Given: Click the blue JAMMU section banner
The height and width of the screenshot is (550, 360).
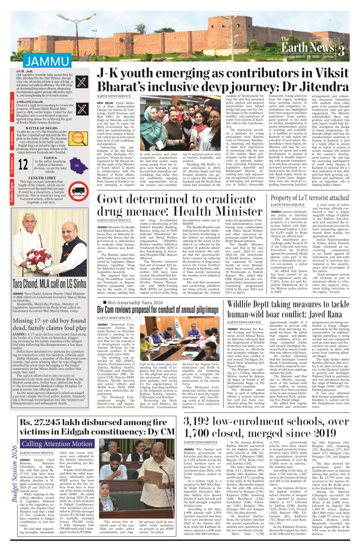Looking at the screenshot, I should tap(47, 61).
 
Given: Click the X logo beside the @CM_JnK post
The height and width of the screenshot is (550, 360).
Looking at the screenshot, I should tap(82, 82).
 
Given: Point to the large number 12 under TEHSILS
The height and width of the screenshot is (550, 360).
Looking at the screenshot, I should tap(23, 165).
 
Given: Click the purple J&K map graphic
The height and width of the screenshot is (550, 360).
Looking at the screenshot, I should tap(79, 165).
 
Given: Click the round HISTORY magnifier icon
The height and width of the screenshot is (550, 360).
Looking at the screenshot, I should tap(79, 138).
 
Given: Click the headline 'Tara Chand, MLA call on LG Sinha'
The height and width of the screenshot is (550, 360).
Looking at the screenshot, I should tap(49, 283).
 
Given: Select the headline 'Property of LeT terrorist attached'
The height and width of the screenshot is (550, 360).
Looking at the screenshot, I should tap(310, 198).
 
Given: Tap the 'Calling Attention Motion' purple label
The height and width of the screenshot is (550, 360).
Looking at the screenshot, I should tap(57, 444).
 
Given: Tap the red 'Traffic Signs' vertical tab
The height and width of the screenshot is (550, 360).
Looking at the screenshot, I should tap(12, 192).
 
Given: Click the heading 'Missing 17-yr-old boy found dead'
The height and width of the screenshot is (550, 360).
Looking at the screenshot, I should tap(49, 324).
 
